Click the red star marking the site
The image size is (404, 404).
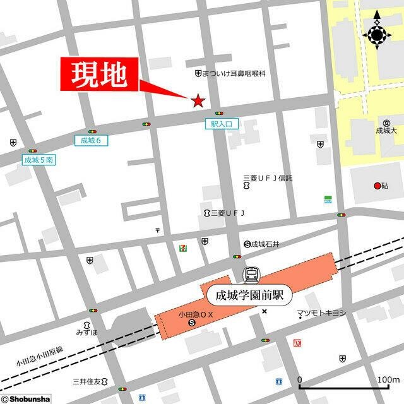tap(198, 100)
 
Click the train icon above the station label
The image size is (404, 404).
tap(251, 275)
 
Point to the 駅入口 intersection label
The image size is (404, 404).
tap(222, 125)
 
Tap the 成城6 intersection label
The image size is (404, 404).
tap(92, 140)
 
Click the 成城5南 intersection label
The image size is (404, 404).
tap(39, 160)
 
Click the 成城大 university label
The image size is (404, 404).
tap(386, 131)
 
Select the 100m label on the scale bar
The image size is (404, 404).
tap(388, 379)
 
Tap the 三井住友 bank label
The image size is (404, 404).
tap(87, 381)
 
